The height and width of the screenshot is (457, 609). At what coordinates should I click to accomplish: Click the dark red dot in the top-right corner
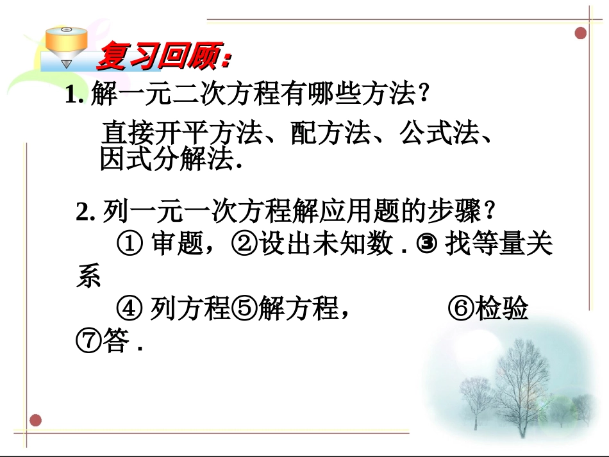[x=581, y=33]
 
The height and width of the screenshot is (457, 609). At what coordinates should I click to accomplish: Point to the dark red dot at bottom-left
[x=36, y=420]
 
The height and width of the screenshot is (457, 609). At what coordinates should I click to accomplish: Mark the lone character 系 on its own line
[x=88, y=276]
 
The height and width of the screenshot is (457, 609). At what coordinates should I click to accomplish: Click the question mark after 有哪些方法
[x=422, y=97]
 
